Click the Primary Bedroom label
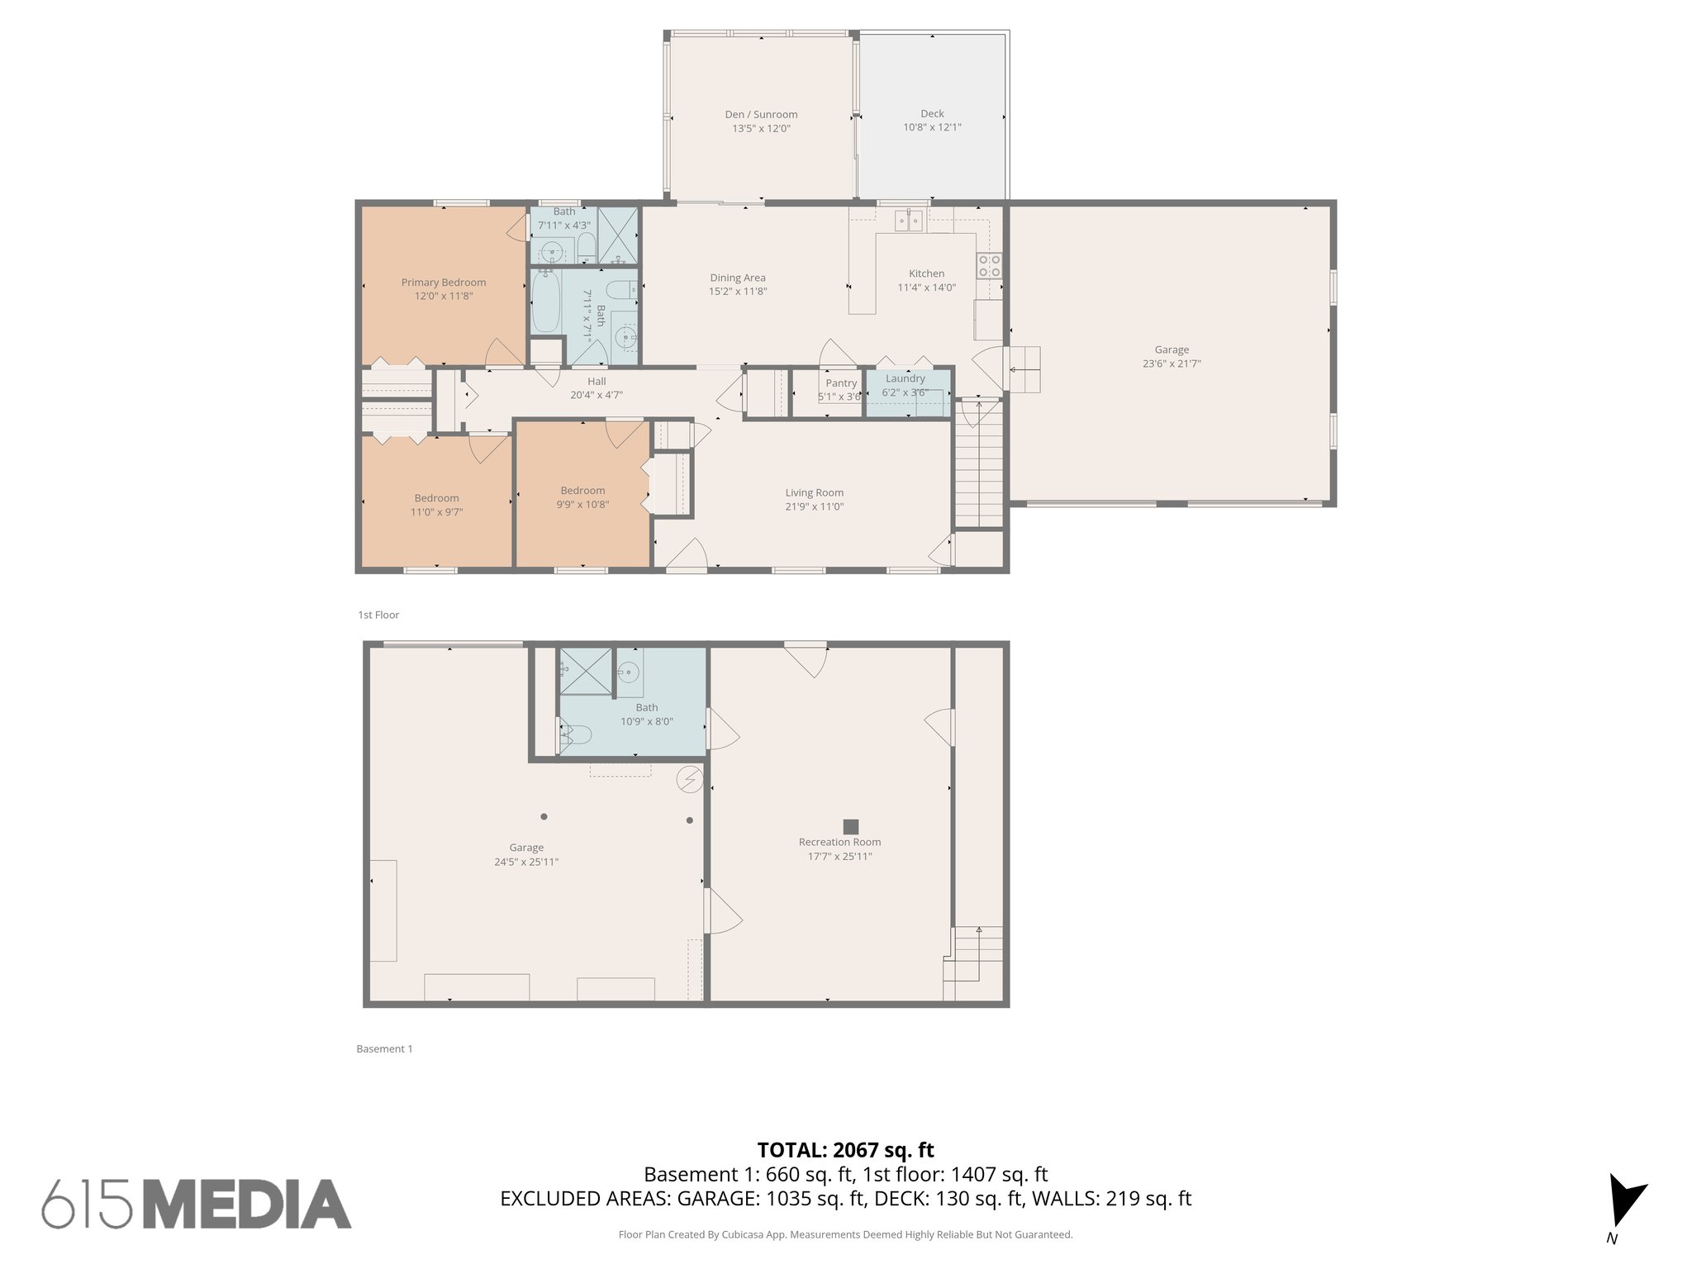444,283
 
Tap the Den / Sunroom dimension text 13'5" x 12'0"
761,129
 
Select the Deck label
932,114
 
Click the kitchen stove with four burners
989,265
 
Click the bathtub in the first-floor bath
545,303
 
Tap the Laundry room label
905,378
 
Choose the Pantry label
841,383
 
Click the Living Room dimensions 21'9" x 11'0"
814,507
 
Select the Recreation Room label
839,842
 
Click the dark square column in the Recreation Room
850,826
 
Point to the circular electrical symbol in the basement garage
689,778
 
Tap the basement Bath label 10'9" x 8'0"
647,715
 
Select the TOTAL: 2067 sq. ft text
845,1149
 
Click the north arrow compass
1624,1202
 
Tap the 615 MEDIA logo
197,1204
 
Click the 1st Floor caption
378,615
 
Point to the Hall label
596,381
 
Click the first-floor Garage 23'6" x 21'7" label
1172,356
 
